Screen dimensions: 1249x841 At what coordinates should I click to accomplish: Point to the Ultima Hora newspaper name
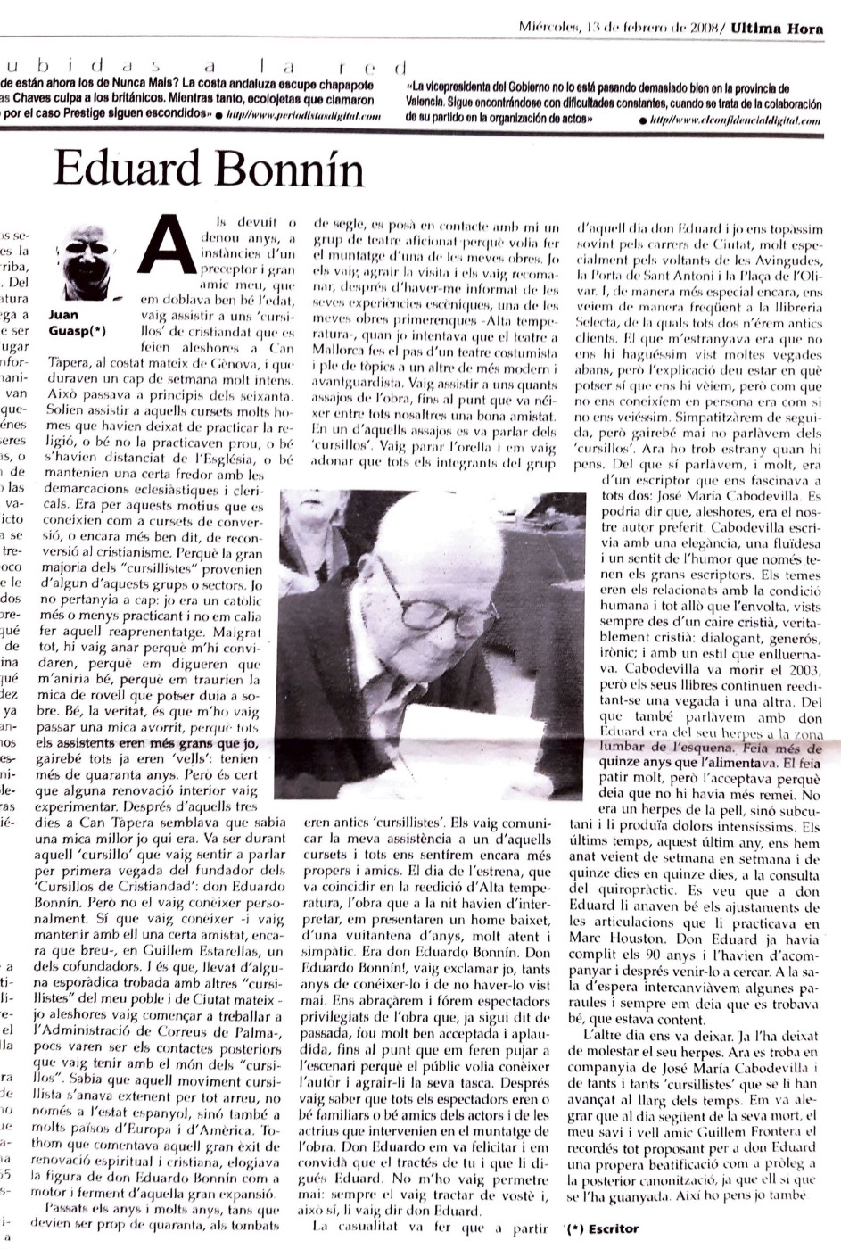point(777,29)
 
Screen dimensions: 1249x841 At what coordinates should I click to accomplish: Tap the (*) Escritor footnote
point(602,1228)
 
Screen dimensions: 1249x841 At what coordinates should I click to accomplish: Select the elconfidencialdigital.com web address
point(736,120)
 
